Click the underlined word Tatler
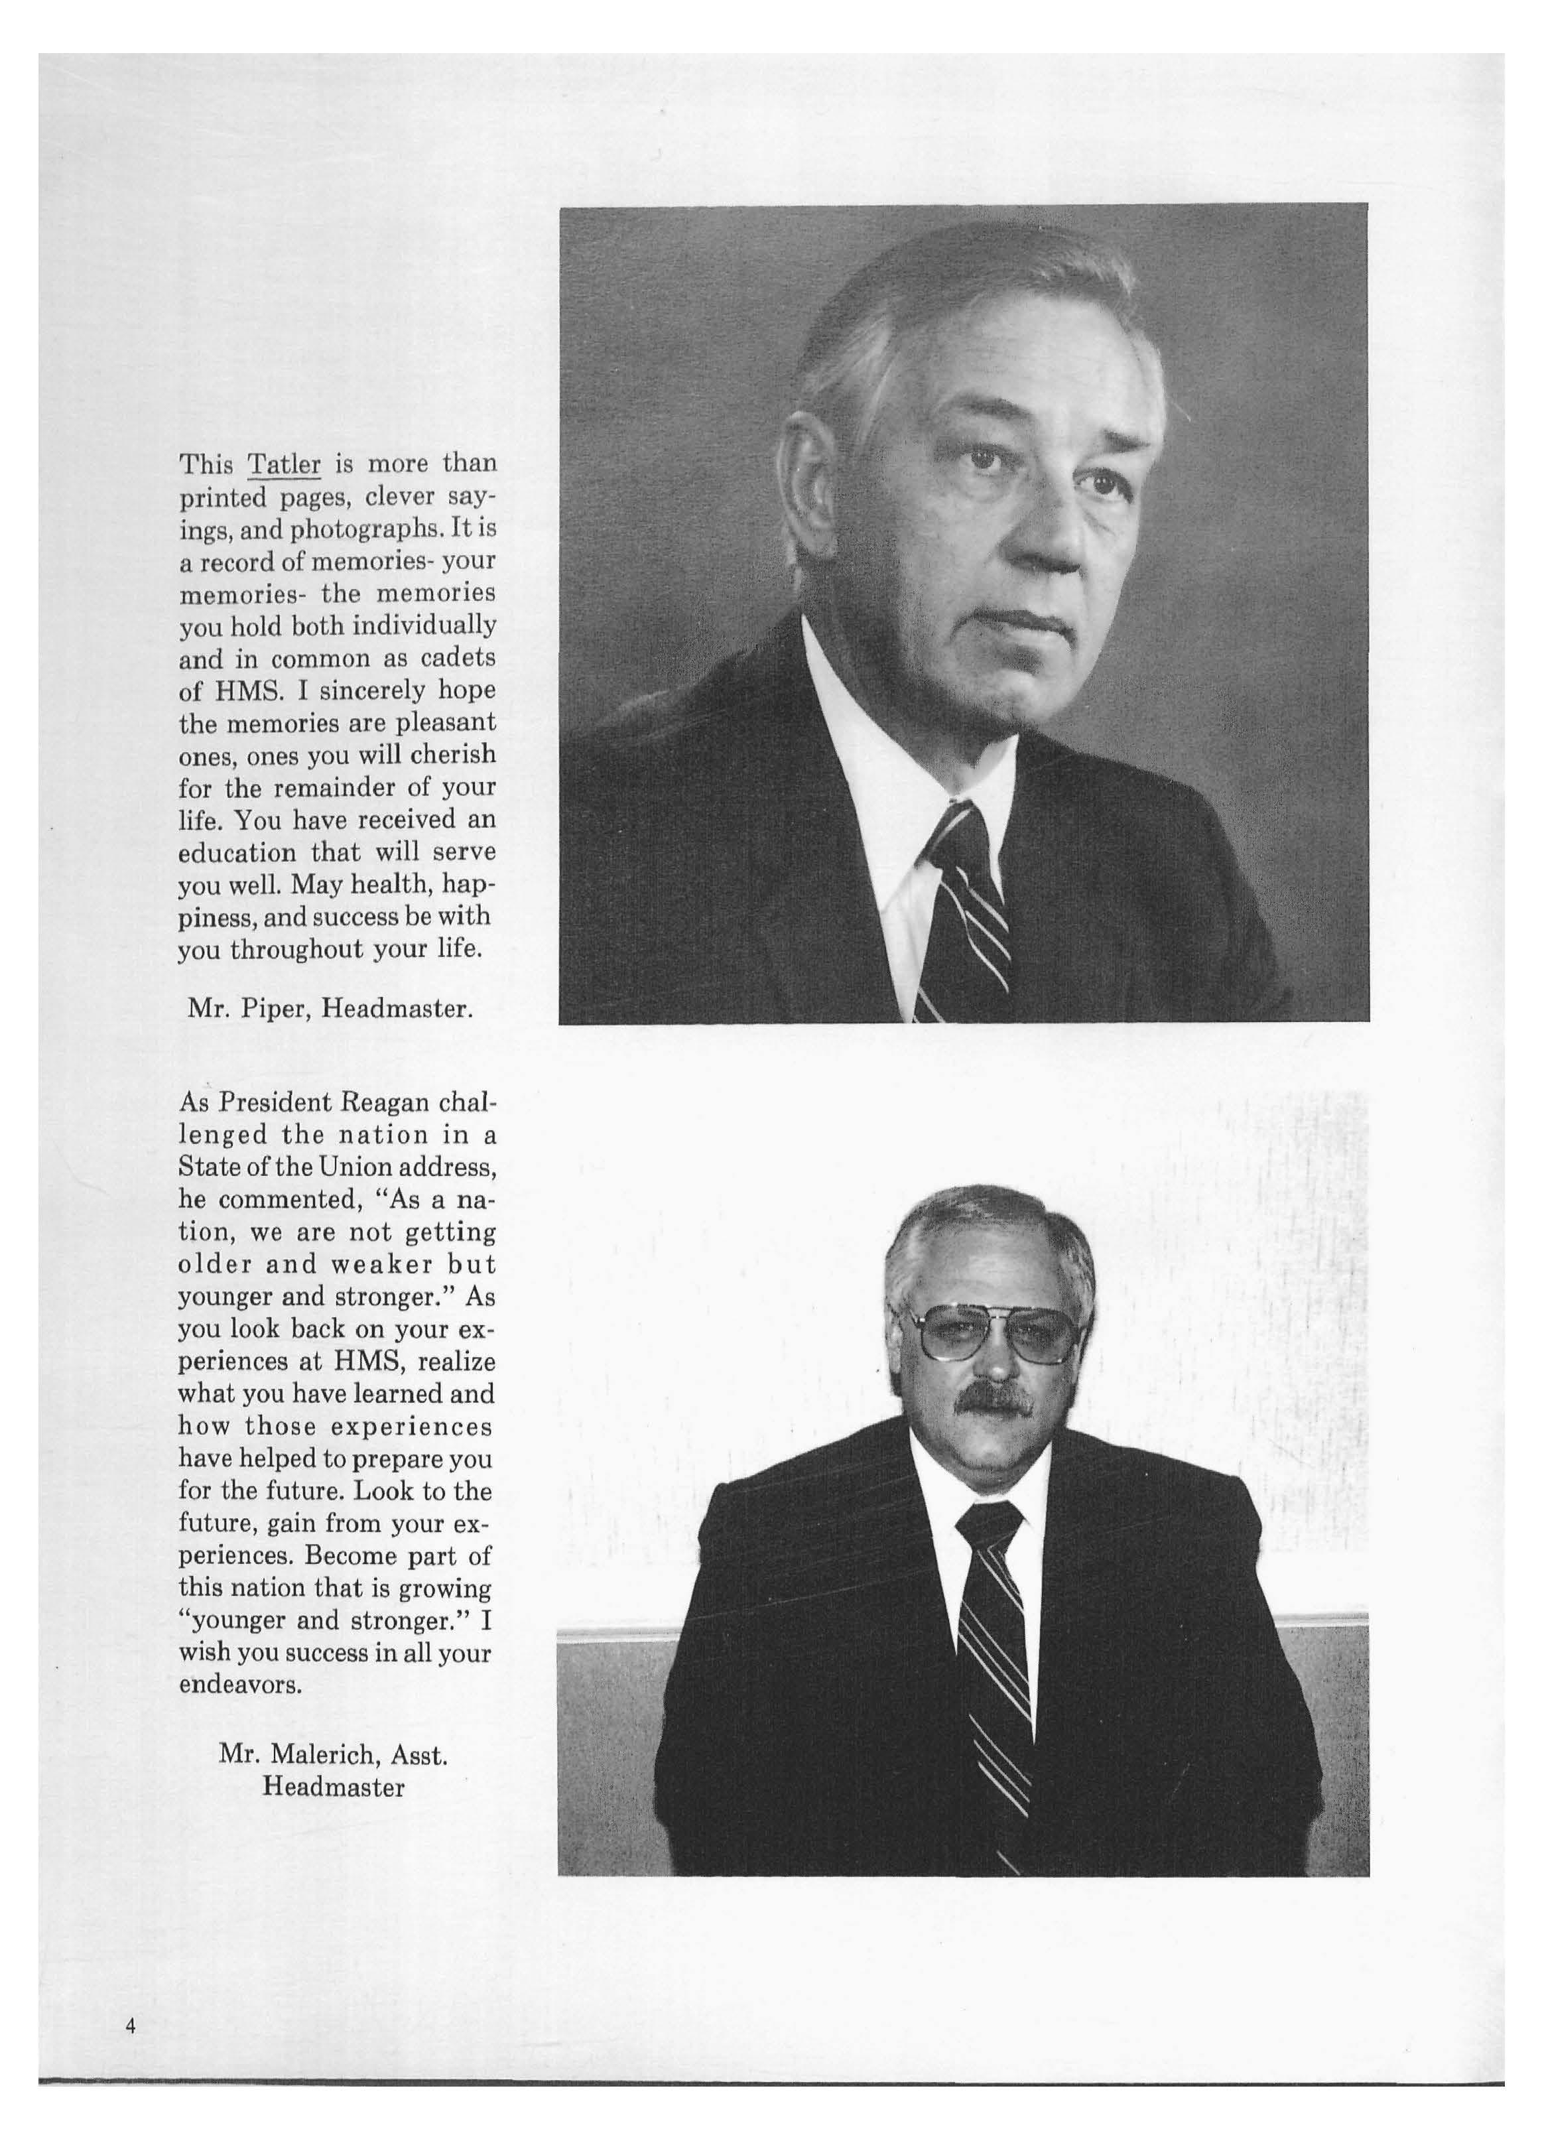coord(284,465)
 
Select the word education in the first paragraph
coord(237,852)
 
